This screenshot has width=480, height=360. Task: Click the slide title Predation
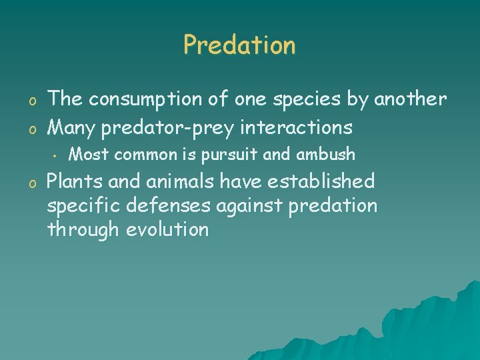pos(239,45)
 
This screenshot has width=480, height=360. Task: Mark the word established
pos(301,181)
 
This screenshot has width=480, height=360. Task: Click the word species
pos(303,100)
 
